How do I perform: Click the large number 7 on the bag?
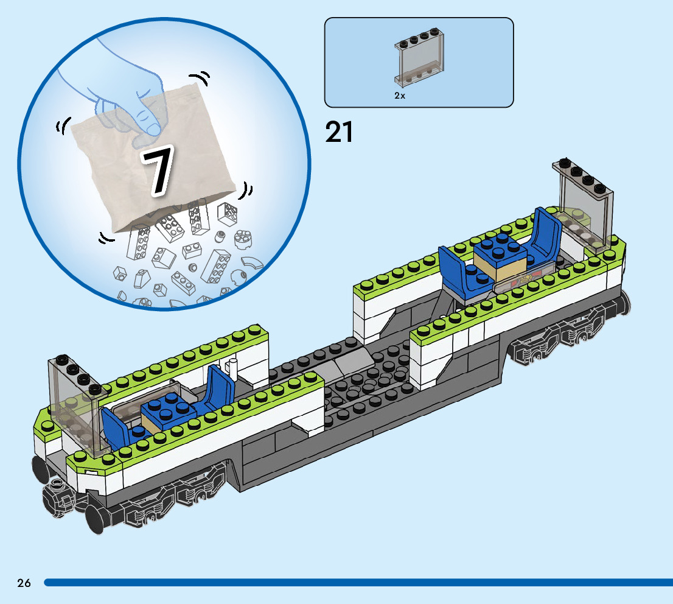156,172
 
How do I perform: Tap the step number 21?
339,132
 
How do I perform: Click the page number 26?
24,583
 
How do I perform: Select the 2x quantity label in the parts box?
400,96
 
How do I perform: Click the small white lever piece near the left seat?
232,369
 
